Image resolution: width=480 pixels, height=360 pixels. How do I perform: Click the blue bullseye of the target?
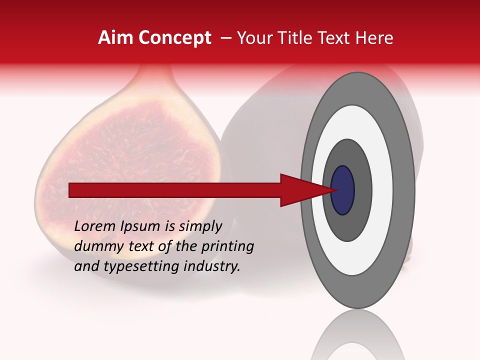point(342,190)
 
